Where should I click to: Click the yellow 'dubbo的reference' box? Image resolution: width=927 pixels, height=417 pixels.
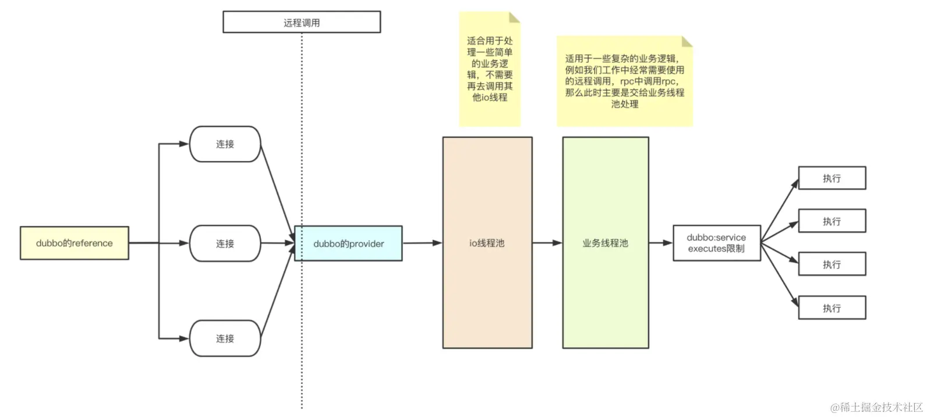click(x=74, y=243)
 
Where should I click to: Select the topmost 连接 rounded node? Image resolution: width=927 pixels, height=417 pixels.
click(x=225, y=144)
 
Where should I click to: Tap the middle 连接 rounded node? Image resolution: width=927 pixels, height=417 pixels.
click(x=225, y=243)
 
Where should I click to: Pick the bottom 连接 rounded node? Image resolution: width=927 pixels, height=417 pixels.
click(x=225, y=338)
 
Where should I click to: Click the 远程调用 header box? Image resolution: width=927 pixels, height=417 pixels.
click(x=302, y=23)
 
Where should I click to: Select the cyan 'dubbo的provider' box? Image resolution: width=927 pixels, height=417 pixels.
click(x=348, y=243)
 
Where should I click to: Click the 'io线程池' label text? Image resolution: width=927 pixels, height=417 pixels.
click(x=487, y=243)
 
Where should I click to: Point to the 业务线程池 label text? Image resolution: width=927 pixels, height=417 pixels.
click(x=605, y=243)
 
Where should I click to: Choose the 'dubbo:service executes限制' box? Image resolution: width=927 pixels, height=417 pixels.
click(x=716, y=243)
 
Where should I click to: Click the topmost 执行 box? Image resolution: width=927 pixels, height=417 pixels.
click(x=832, y=178)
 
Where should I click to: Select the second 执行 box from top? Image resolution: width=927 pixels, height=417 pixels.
click(x=832, y=221)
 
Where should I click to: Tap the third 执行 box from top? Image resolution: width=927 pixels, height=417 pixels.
click(x=832, y=264)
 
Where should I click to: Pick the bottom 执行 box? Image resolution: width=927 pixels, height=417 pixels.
click(x=832, y=308)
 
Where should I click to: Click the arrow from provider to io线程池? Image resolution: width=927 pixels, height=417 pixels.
click(x=422, y=243)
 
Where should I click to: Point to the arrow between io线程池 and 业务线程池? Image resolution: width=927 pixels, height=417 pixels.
click(x=547, y=243)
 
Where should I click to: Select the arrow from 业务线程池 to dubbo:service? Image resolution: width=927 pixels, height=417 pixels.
click(x=660, y=243)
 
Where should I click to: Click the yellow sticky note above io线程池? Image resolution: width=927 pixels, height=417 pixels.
click(x=489, y=69)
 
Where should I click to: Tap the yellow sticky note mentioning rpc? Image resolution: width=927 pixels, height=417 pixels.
click(x=624, y=81)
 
